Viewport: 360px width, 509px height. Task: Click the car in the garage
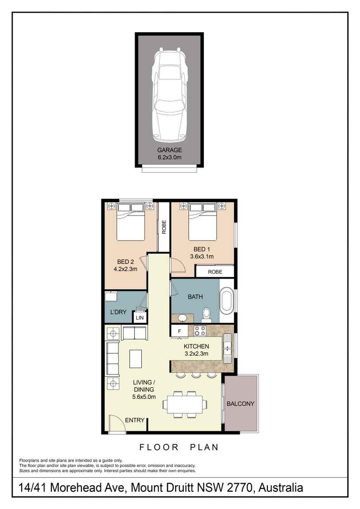(169, 95)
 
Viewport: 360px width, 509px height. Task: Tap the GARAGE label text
(169, 150)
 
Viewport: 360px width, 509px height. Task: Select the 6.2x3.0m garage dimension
(169, 157)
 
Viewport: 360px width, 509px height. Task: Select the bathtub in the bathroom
(226, 301)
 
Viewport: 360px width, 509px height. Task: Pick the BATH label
(195, 297)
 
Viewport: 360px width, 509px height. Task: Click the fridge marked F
(179, 331)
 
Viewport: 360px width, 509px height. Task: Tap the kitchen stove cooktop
(200, 330)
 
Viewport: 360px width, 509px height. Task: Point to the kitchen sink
(228, 346)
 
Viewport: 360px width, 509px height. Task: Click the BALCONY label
(240, 404)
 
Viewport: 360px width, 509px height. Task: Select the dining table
(184, 404)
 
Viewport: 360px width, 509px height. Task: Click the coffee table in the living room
(136, 359)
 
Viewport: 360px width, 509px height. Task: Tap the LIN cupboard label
(140, 318)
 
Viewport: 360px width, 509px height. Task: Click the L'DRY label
(118, 312)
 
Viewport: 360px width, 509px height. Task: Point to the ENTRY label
(135, 420)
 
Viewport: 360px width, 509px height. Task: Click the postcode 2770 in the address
(240, 488)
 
